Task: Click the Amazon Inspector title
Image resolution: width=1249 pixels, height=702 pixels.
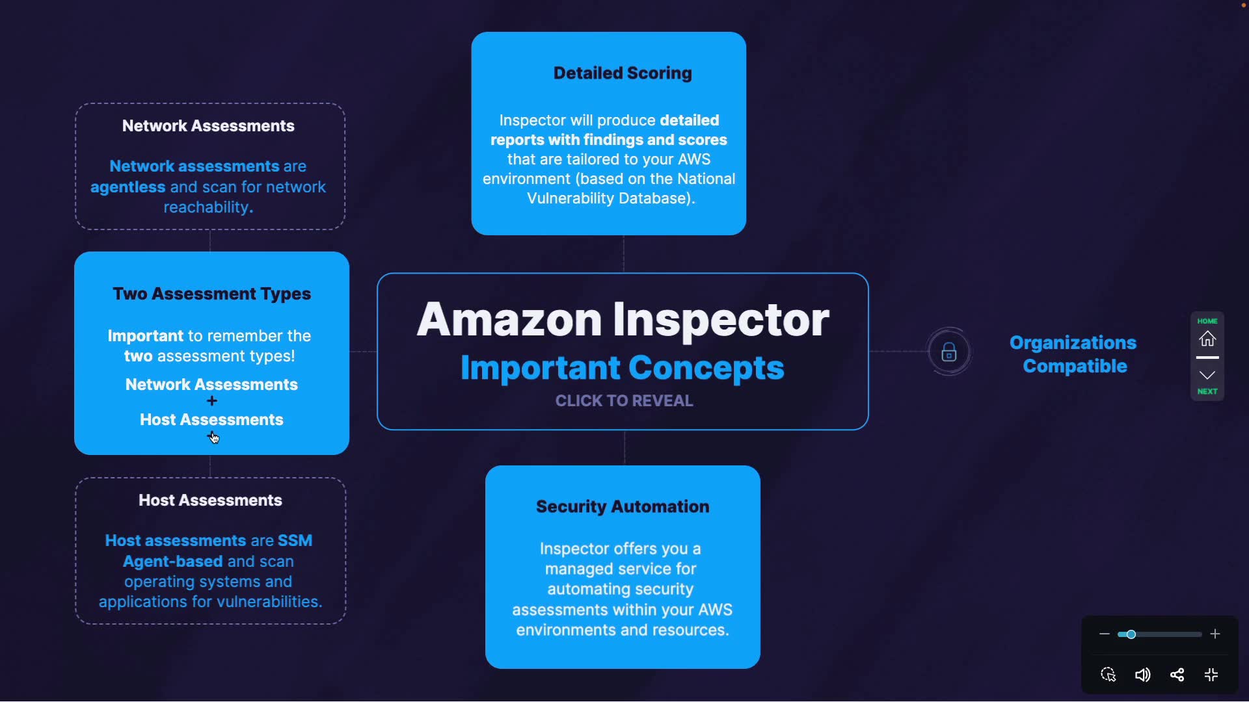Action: [623, 319]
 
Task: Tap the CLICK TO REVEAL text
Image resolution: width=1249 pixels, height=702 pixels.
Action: [624, 400]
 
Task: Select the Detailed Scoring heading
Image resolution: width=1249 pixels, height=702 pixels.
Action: [623, 73]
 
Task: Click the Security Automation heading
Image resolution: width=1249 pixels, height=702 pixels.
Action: [623, 506]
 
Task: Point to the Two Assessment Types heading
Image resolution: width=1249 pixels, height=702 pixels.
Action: [211, 294]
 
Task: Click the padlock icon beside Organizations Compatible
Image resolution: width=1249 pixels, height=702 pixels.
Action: [949, 352]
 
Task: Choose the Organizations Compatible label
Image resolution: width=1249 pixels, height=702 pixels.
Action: [1073, 354]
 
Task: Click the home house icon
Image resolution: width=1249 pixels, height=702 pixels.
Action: [1207, 339]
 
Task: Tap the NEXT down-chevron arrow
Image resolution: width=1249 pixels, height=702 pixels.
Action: [1207, 376]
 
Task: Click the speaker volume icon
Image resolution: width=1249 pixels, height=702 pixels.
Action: [1142, 675]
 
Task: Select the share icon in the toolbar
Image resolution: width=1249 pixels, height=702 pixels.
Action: [1177, 675]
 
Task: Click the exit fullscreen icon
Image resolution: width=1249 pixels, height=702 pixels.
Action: [1211, 675]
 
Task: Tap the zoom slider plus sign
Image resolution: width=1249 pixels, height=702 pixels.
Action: [1215, 634]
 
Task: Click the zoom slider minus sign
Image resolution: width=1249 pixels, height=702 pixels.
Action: [1104, 634]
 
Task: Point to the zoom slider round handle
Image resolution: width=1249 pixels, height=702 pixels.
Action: [1131, 634]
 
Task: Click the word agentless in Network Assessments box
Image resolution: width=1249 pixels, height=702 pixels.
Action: [128, 187]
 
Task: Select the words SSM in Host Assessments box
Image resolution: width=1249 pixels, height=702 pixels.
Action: [295, 541]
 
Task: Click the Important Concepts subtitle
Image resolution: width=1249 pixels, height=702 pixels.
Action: [623, 368]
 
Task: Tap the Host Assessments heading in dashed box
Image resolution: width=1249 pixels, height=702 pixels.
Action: [210, 500]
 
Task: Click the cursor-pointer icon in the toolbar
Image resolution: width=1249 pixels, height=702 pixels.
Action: [1108, 675]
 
